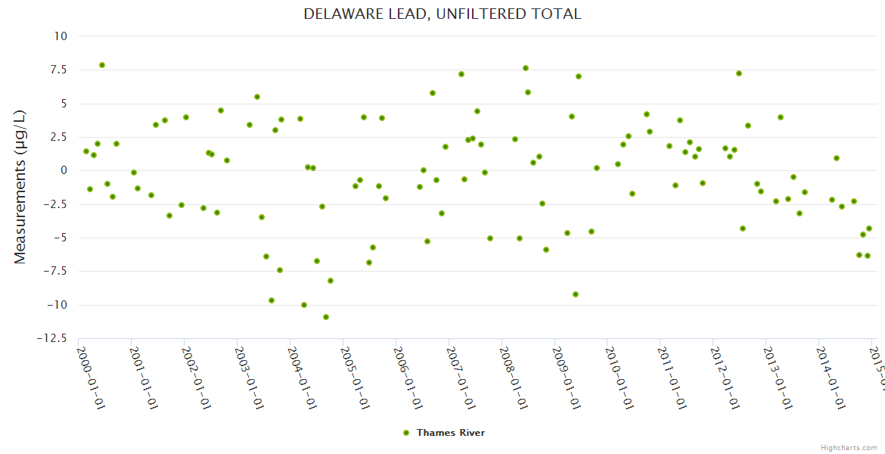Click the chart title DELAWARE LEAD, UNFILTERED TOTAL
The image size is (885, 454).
(442, 14)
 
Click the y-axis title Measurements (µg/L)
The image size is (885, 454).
(20, 186)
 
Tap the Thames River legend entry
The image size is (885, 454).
(444, 433)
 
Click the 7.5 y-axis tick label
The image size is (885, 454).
(57, 70)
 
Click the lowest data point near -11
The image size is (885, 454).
(326, 317)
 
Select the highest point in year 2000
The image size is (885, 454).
(102, 65)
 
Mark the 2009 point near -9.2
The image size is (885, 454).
(576, 294)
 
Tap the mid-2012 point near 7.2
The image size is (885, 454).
(739, 73)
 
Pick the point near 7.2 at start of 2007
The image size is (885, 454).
(461, 74)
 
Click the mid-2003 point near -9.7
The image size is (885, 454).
(272, 300)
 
